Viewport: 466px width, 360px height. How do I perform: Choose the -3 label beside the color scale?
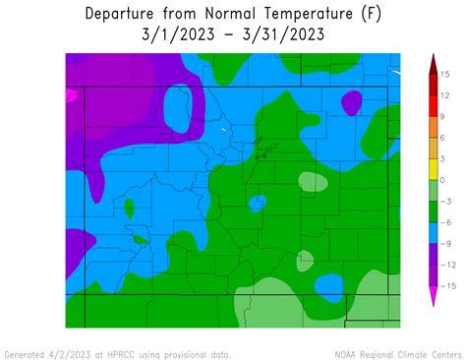[x=446, y=202]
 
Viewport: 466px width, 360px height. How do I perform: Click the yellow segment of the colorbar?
[x=432, y=169]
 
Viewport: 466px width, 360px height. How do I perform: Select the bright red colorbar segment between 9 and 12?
[x=432, y=105]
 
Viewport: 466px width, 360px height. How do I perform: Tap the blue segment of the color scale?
[x=432, y=233]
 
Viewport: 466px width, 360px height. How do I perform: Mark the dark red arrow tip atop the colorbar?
[x=432, y=62]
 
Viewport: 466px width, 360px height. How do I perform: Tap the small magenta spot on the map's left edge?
[x=70, y=96]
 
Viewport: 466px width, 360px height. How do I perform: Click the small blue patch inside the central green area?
[x=257, y=203]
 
